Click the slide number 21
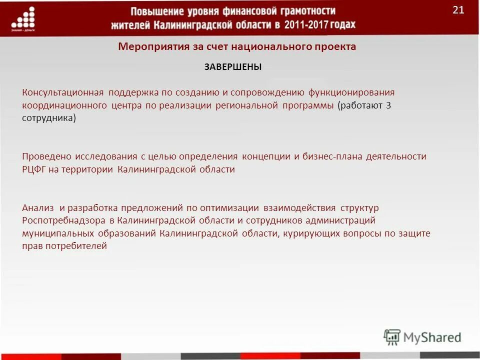click(458, 10)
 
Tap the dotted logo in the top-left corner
click(23, 19)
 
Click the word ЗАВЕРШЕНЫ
click(233, 67)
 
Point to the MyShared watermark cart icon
click(392, 337)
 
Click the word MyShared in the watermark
click(432, 337)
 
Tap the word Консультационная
click(62, 92)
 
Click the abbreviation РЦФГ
click(34, 169)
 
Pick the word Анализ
click(38, 207)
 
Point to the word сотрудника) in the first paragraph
click(49, 119)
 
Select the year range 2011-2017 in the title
click(310, 24)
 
